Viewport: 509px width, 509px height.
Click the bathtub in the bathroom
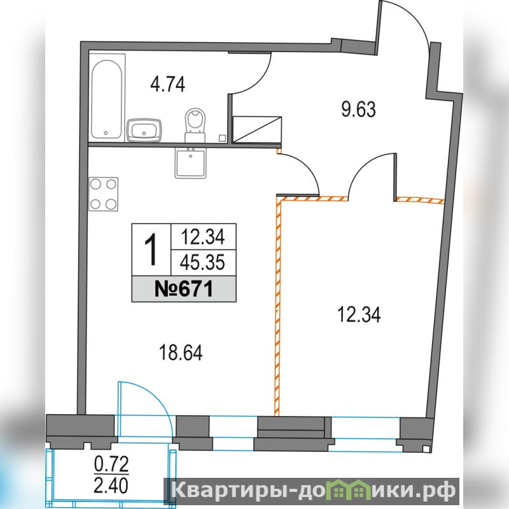107,99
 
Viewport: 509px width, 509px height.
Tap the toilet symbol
195,125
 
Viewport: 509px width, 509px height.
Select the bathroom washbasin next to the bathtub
144,130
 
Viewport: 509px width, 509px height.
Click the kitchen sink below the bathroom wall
190,163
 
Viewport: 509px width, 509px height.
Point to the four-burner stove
103,194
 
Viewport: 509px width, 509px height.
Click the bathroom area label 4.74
167,84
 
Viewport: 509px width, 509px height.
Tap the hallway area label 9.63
358,109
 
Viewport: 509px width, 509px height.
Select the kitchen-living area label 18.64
181,352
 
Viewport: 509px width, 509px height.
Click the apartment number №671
184,289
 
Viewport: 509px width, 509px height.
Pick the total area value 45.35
202,262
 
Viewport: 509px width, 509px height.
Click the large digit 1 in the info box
151,249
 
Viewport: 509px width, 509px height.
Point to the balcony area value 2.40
111,486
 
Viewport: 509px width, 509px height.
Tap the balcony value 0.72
111,464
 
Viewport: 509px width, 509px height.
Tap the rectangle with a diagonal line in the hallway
257,130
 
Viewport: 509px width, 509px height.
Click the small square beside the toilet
222,138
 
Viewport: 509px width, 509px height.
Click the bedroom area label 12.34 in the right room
359,314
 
